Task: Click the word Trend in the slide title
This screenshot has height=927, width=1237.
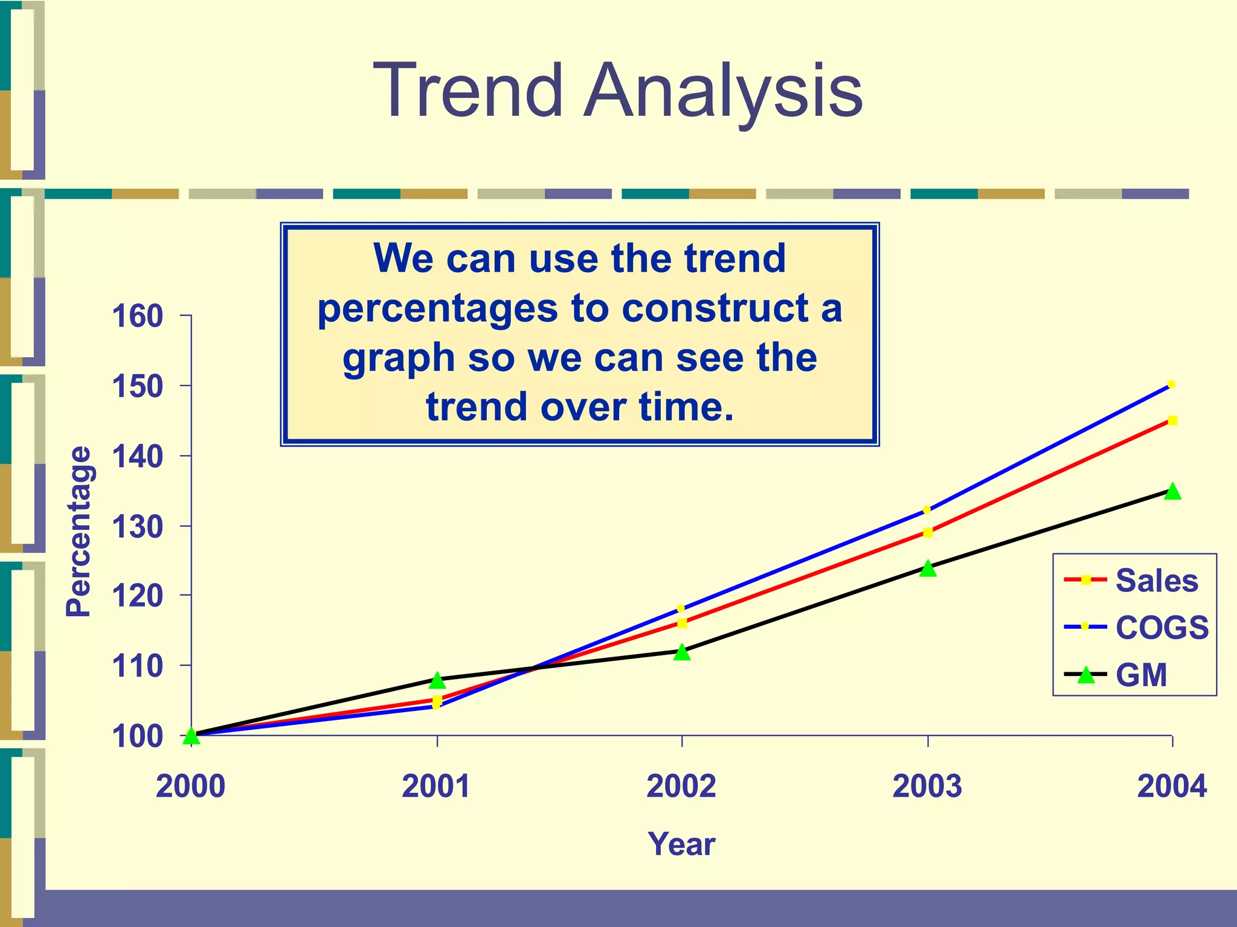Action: click(x=468, y=91)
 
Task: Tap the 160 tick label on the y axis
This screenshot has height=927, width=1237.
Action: click(x=138, y=316)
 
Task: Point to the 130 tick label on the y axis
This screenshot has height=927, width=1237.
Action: click(x=138, y=527)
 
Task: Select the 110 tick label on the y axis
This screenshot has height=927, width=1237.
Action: click(x=138, y=666)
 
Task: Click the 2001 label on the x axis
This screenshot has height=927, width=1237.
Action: click(x=436, y=786)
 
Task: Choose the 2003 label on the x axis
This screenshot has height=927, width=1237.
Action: click(x=927, y=786)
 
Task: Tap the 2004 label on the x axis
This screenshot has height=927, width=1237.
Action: click(x=1172, y=786)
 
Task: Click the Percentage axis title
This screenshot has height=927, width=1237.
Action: click(x=79, y=531)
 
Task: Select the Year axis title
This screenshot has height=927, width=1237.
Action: click(x=681, y=844)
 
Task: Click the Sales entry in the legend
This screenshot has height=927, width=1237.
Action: click(x=1156, y=581)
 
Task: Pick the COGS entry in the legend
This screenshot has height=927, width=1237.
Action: click(x=1161, y=628)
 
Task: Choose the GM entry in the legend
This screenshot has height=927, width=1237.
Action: click(x=1141, y=675)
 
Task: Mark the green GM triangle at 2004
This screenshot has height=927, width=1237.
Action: click(x=1172, y=491)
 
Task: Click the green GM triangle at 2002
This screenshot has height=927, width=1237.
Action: click(x=682, y=652)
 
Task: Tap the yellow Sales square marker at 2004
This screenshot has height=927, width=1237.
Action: click(x=1172, y=421)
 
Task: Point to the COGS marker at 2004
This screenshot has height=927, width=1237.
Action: click(x=1171, y=384)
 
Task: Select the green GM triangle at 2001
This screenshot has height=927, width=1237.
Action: click(x=437, y=681)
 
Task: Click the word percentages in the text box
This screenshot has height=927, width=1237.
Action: click(x=437, y=309)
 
